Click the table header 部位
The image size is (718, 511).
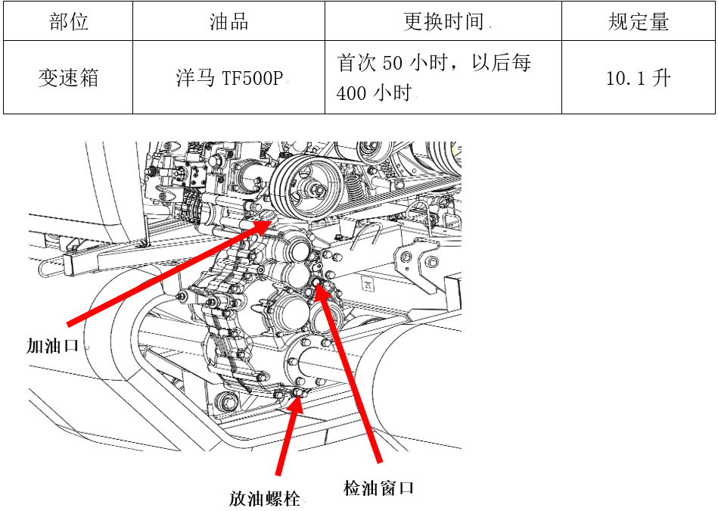[x=68, y=21]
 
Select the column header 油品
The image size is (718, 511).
[x=228, y=21]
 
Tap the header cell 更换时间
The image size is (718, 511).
[x=443, y=21]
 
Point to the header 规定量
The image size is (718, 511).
[x=639, y=21]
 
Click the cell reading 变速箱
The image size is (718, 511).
[x=68, y=77]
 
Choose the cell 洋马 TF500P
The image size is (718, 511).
[x=229, y=77]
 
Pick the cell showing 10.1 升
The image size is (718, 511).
[x=639, y=77]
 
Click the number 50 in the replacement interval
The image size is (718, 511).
[x=392, y=63]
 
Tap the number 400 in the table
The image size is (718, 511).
[x=351, y=93]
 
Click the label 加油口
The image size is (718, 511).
[x=53, y=345]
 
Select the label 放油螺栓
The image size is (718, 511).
[x=265, y=498]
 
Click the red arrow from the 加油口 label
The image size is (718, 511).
[x=170, y=273]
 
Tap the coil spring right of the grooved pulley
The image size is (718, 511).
[x=353, y=189]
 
